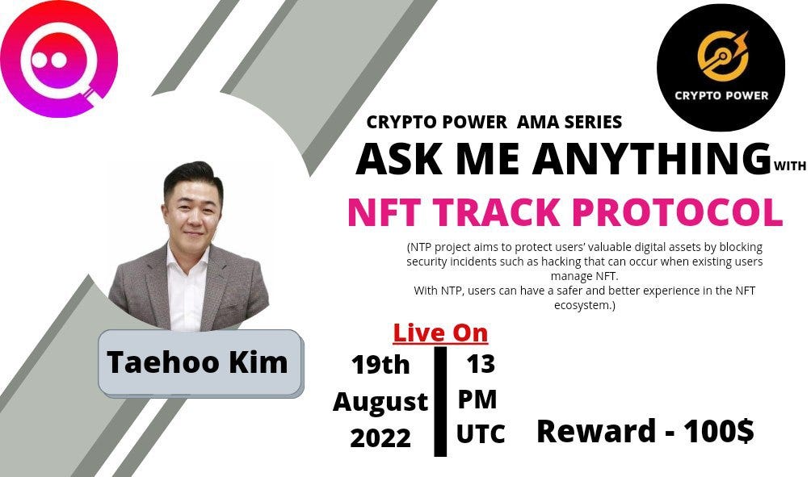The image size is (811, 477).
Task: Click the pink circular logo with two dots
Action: (59, 58)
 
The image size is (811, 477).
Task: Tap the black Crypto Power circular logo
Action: (721, 67)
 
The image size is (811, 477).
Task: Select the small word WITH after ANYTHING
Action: (789, 167)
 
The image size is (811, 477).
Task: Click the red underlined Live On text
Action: (440, 333)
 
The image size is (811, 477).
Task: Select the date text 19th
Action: (380, 365)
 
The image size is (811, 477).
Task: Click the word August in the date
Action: (380, 401)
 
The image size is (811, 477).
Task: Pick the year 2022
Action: (380, 437)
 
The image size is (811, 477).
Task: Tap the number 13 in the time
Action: (480, 364)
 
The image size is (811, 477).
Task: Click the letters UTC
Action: (480, 434)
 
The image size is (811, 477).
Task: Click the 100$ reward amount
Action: (718, 431)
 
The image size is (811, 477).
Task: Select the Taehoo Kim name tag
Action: (197, 362)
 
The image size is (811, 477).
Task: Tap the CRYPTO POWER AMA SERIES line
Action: (494, 123)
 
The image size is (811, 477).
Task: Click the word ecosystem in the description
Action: (582, 305)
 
